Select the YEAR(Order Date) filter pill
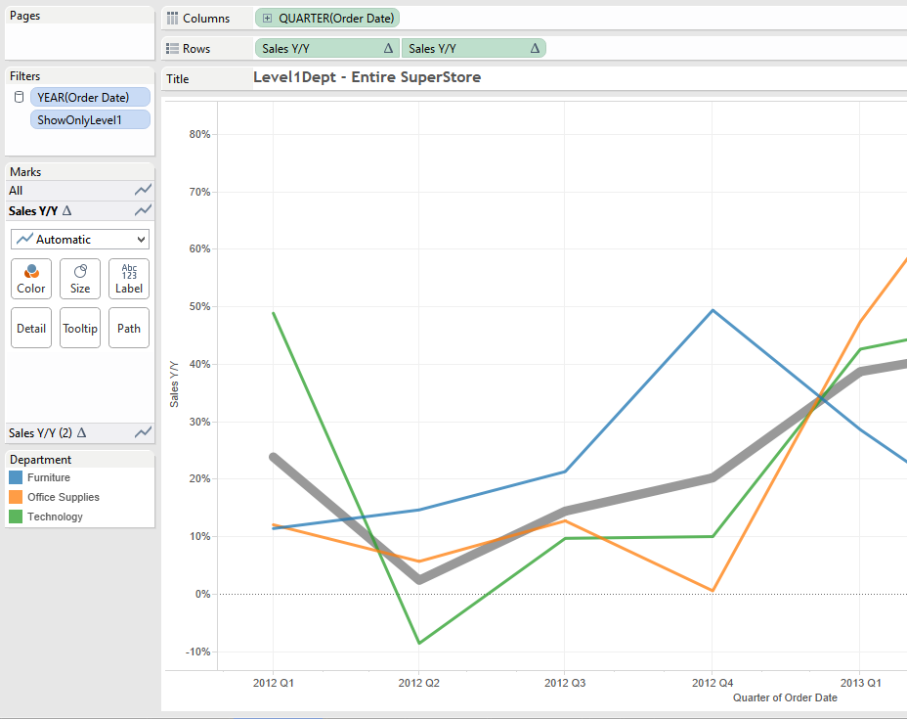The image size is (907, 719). click(x=90, y=97)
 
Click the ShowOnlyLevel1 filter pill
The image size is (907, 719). click(x=90, y=119)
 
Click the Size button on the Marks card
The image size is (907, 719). click(x=80, y=279)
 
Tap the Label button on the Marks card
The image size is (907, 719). click(x=129, y=279)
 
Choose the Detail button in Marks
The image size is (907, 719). click(x=31, y=328)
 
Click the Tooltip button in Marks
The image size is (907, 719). click(x=80, y=328)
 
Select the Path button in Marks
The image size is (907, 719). click(x=129, y=328)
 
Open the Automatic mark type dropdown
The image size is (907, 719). click(x=80, y=239)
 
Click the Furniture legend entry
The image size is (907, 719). click(x=48, y=477)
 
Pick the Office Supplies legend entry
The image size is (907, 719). click(x=63, y=497)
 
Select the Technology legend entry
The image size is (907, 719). click(x=55, y=517)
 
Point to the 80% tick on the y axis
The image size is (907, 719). click(x=199, y=134)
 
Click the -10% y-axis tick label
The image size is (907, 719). click(x=198, y=652)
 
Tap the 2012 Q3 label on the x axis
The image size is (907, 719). click(x=565, y=683)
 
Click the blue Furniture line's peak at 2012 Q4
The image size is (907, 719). click(x=713, y=310)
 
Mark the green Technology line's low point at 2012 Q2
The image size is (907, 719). click(x=419, y=643)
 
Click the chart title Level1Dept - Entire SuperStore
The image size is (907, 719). click(x=367, y=77)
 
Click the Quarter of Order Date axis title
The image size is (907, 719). click(x=785, y=697)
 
